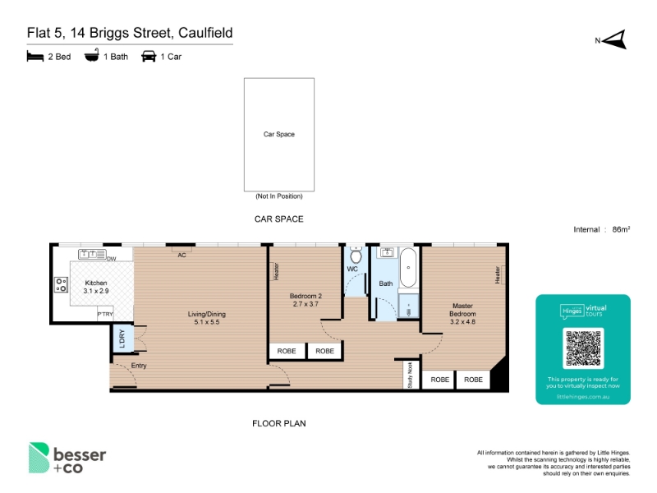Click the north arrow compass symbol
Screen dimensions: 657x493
tap(614, 39)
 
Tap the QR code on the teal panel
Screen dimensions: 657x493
tap(583, 348)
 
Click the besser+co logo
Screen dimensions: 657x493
tap(67, 458)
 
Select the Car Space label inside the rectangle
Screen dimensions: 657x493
tap(279, 134)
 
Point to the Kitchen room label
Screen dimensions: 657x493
tap(96, 283)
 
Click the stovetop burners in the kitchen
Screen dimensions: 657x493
tap(61, 284)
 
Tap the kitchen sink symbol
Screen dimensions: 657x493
tap(92, 254)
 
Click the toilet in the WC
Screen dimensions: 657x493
tap(356, 255)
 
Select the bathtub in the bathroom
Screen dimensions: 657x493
tap(408, 268)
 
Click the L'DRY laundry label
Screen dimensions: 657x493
tap(122, 339)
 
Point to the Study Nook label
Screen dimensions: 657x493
tap(410, 376)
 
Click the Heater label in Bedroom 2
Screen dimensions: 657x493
tap(276, 271)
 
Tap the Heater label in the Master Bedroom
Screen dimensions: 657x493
tap(498, 275)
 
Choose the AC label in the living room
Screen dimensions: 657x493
tap(181, 255)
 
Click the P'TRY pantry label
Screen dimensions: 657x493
tap(105, 314)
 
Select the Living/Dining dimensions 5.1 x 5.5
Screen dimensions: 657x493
tap(207, 322)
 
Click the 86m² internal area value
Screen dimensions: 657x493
tap(621, 229)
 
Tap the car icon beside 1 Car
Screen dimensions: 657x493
tap(149, 56)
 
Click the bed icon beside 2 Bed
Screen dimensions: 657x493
tap(35, 56)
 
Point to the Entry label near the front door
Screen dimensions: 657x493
tap(139, 366)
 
